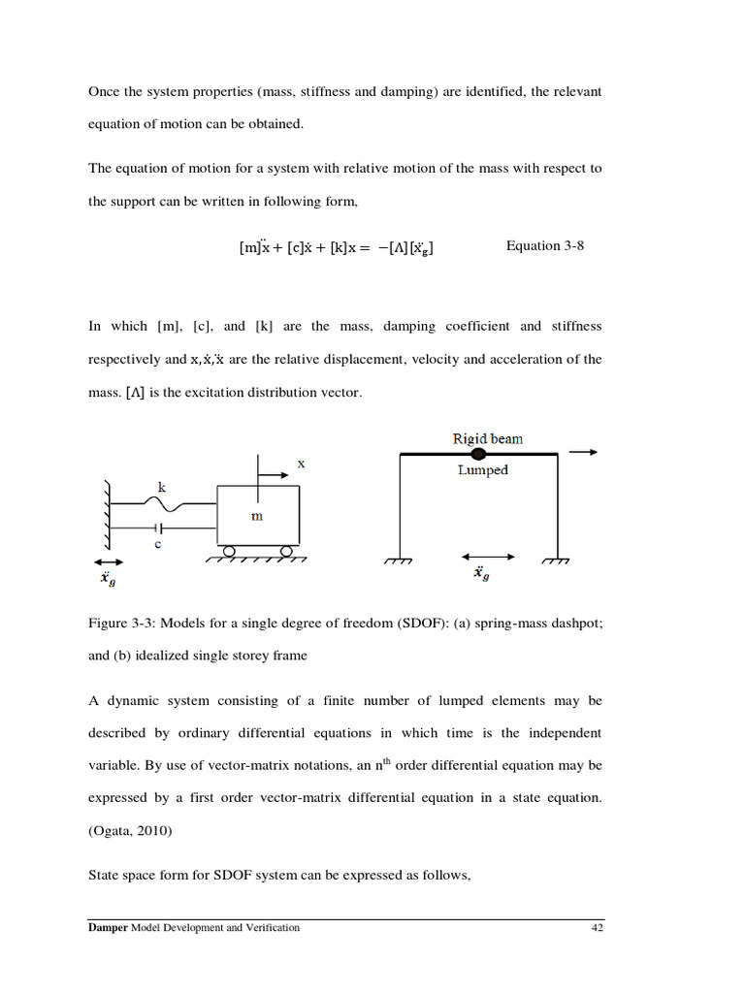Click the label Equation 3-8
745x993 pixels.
click(545, 246)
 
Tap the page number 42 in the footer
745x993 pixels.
click(598, 928)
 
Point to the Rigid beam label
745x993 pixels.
click(487, 438)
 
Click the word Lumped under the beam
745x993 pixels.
click(483, 470)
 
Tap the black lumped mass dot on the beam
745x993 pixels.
click(478, 454)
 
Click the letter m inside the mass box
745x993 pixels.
click(257, 516)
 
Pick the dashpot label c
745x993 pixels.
click(157, 544)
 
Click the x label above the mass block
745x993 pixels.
click(302, 464)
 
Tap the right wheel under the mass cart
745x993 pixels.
click(287, 551)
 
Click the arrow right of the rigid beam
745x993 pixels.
click(584, 452)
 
